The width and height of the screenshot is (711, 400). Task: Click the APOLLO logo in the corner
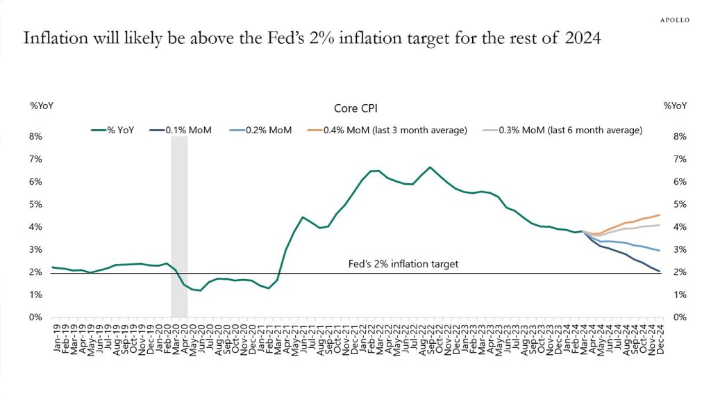click(674, 20)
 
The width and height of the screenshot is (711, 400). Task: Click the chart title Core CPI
click(354, 109)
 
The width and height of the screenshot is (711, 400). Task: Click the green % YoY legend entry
click(122, 130)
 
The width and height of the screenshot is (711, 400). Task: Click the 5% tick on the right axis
click(680, 204)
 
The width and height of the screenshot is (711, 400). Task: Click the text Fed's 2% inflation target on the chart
click(403, 265)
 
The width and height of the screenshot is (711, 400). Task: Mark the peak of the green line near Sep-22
click(430, 167)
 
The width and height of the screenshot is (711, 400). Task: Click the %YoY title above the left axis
click(42, 106)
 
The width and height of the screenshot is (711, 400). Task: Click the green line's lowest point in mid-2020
click(200, 290)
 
